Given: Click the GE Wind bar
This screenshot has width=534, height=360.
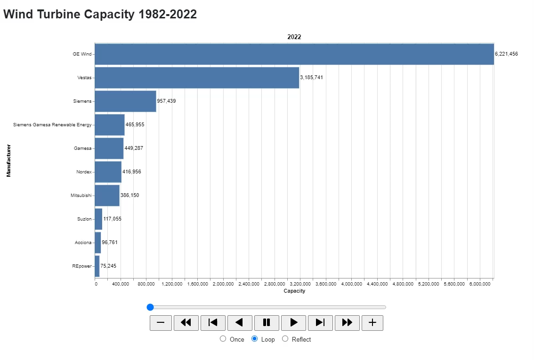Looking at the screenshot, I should coord(294,54).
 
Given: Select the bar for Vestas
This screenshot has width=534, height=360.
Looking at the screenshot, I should coord(197,78).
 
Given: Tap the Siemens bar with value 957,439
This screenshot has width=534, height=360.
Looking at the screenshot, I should coord(125,101).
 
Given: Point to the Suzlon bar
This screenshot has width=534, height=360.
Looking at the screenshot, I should coord(98,219).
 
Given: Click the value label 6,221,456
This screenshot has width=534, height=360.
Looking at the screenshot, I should coord(506,54).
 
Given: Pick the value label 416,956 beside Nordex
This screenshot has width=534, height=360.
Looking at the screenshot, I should coord(132,172).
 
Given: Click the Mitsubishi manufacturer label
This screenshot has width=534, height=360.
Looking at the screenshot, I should coord(81,196).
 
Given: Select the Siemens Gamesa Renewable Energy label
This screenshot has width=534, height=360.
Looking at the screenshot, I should coord(52,125).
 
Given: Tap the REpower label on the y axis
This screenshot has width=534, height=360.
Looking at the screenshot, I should coord(82,266).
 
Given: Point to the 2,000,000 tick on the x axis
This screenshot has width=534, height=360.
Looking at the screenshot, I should coord(223,284).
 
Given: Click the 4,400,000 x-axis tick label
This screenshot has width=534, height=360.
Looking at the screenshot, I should coord(377,284).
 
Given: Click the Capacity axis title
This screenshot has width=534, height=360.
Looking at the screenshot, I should coord(294,291).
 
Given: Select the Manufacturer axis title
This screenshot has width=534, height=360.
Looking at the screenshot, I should coord(8,160).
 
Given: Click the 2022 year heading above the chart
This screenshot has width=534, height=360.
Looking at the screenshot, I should coord(294,37).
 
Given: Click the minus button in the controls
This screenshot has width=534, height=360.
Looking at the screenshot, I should coord(161,323).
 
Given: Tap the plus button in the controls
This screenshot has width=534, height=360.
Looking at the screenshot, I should coord(372,323).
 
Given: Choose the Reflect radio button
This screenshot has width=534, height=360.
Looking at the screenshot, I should coord(285,339).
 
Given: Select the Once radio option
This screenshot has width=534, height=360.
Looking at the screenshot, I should coord(223,339).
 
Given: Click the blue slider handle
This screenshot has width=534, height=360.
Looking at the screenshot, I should coord(150,307).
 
